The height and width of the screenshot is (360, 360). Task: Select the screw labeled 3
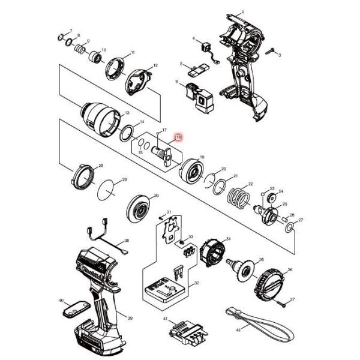coord(272,51)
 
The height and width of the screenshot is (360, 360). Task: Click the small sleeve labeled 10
coord(95,58)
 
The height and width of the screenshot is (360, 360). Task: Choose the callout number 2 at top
coord(242,12)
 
